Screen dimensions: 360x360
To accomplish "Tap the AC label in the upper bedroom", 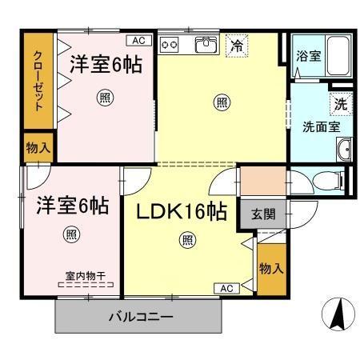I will point(138,39).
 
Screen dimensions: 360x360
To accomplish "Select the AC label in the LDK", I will point(225,287).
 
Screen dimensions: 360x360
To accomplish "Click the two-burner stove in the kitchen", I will point(170,45).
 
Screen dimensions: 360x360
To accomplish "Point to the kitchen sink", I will point(206,45).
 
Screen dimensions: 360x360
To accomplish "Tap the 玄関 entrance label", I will point(262,214).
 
